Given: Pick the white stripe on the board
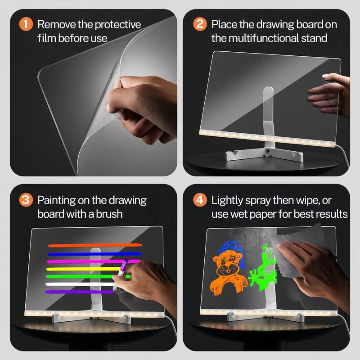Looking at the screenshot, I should click(x=76, y=284).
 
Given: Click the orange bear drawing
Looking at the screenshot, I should click(x=227, y=274).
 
